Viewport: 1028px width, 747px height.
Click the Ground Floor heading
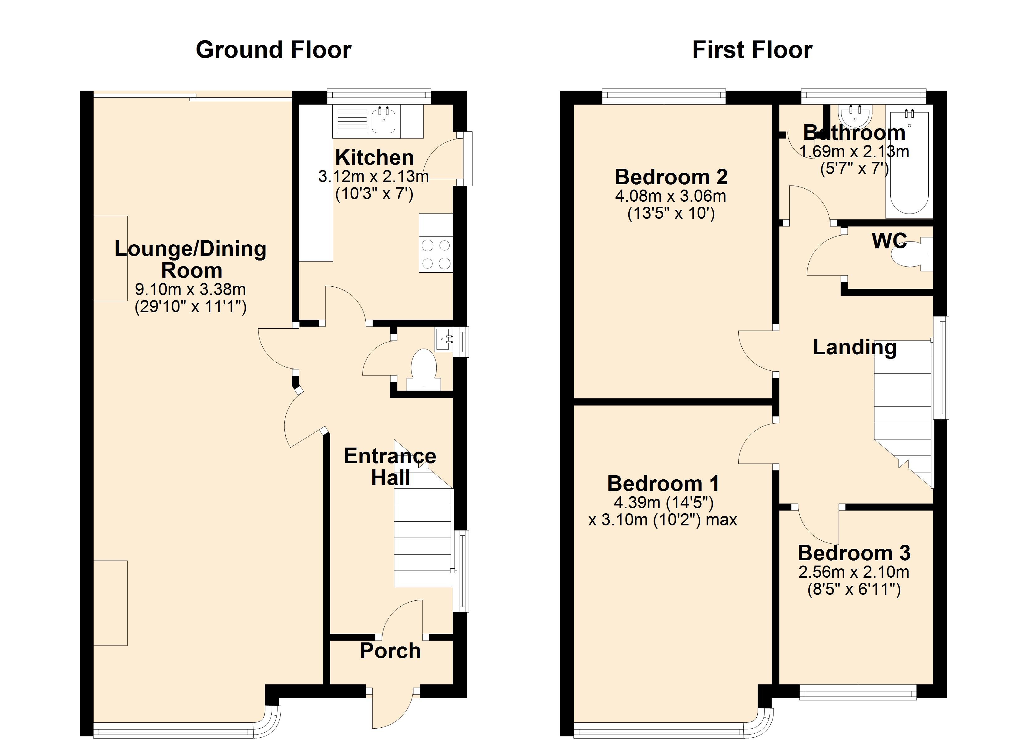coord(273,50)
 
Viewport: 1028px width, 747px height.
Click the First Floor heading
coord(752,50)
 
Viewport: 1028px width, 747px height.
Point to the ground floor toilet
coord(423,369)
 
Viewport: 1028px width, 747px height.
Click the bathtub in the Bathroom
coord(910,162)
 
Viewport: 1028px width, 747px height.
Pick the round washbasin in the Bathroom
coord(855,115)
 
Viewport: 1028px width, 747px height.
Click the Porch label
coord(390,651)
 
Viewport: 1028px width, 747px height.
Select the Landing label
coord(855,347)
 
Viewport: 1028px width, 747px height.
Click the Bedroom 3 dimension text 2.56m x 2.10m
coord(854,572)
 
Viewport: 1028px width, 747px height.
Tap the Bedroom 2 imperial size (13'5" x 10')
coord(671,213)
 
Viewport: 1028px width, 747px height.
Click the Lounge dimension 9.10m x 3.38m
coord(190,289)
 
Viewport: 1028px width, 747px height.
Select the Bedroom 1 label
coord(663,484)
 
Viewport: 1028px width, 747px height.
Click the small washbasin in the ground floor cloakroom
coord(444,340)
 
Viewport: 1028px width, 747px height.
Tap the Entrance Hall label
coord(390,467)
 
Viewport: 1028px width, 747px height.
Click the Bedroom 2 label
coord(671,177)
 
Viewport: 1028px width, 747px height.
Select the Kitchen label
coord(374,157)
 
